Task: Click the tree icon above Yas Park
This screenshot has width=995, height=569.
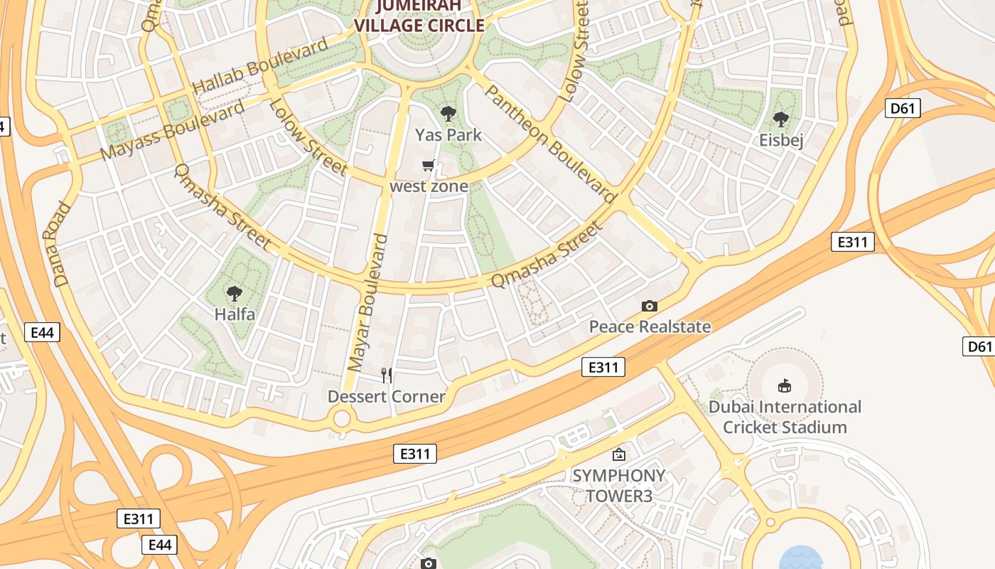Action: click(x=448, y=113)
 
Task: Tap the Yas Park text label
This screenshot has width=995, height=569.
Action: click(x=448, y=135)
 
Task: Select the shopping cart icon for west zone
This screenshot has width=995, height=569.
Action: click(x=428, y=166)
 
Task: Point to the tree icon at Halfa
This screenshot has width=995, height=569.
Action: click(x=234, y=293)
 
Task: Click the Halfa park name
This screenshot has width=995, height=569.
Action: click(x=234, y=314)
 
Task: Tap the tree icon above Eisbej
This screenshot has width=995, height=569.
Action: click(x=781, y=119)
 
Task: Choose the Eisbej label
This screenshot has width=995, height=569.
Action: click(x=781, y=140)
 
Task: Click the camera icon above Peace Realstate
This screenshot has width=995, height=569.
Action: click(x=649, y=306)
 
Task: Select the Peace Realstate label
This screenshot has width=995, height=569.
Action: click(x=650, y=326)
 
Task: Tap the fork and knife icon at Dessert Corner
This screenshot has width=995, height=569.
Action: click(x=387, y=375)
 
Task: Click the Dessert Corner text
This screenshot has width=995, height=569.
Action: click(x=387, y=396)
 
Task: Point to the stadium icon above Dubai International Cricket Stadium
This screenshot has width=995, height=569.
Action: click(x=785, y=386)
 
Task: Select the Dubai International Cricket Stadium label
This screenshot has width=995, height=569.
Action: click(x=785, y=417)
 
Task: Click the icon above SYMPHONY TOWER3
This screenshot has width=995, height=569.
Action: click(x=619, y=454)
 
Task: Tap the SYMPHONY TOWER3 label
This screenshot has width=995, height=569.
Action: click(x=619, y=485)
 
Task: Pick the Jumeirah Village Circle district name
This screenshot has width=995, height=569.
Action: click(x=419, y=16)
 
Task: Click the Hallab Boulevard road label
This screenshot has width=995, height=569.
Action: click(x=261, y=65)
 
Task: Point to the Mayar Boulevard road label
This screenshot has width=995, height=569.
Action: click(x=368, y=302)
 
